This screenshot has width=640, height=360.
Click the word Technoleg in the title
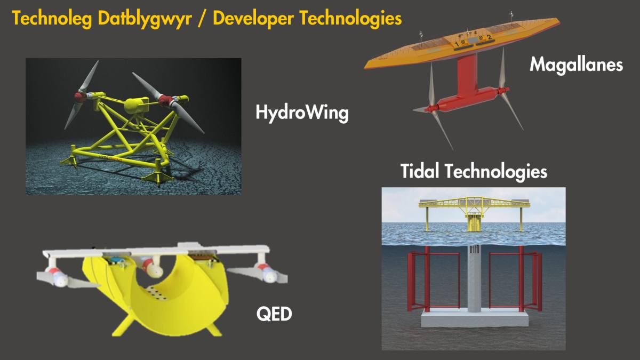click(x=52, y=19)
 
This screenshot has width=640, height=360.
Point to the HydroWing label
click(x=302, y=114)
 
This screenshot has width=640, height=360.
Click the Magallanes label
click(x=577, y=65)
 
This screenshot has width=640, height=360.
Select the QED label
click(x=274, y=314)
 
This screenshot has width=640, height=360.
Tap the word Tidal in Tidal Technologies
click(x=420, y=171)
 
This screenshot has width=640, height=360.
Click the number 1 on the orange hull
click(x=457, y=44)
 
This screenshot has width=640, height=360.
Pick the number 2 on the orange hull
click(x=490, y=37)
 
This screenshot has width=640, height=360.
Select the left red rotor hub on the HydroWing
click(x=81, y=97)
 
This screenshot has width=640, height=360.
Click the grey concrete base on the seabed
click(x=474, y=319)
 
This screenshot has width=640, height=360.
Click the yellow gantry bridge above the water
click(x=474, y=203)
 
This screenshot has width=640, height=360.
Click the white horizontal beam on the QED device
click(x=156, y=251)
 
